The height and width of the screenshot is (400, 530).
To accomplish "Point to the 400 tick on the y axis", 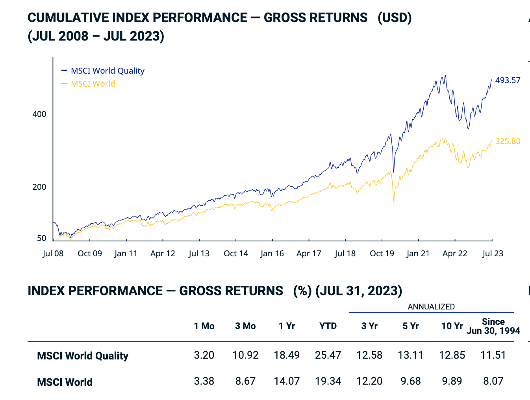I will point(39,114).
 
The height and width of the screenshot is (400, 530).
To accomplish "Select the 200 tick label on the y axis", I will point(39,187).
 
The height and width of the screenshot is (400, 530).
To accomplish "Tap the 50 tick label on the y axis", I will point(41,238).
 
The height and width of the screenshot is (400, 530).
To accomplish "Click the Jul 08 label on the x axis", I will point(53,254).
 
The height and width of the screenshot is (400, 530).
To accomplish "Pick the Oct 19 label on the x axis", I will point(382,254).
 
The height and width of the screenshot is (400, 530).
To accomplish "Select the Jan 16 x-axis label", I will point(272,254).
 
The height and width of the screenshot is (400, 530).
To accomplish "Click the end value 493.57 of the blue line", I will point(508,80).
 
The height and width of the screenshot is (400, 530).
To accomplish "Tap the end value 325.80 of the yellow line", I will point(508,141).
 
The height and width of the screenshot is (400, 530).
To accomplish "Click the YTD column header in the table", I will point(328,326).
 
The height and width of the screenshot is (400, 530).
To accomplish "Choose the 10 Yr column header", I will point(452,326).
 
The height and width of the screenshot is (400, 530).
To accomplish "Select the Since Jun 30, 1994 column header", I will point(493,326).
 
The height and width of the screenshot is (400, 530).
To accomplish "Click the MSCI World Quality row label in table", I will point(83,356).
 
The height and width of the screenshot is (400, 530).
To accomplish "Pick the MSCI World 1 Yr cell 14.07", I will point(287,381).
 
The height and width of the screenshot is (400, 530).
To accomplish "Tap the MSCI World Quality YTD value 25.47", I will point(328,355).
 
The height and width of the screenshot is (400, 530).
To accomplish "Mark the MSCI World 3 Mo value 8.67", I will point(245,381).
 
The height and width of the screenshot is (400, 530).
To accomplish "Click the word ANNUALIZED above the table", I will point(431,307).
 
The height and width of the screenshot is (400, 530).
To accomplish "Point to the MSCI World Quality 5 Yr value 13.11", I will point(410,355).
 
